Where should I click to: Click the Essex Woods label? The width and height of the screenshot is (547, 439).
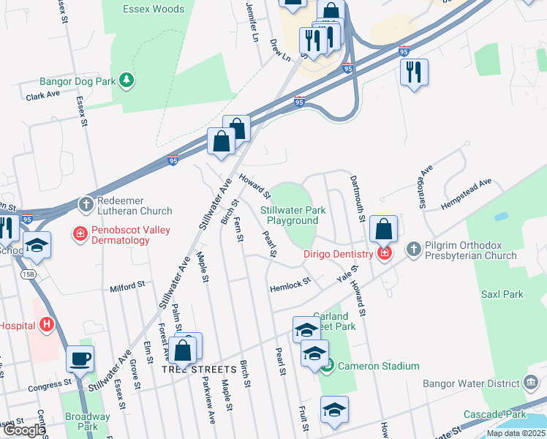click(154, 9)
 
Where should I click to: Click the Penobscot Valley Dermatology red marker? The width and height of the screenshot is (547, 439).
click(79, 235)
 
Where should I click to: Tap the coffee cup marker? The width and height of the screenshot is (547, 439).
click(80, 359)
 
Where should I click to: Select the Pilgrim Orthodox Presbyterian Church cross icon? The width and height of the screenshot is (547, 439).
click(413, 249)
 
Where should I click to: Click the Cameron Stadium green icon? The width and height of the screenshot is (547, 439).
click(328, 364)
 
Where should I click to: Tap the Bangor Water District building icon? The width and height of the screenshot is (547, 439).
click(531, 383)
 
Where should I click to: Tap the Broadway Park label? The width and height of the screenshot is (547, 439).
click(87, 421)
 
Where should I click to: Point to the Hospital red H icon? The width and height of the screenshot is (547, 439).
click(48, 323)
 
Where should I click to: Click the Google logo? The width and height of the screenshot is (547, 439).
click(23, 430)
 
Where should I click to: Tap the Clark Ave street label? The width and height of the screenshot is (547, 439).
click(42, 96)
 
